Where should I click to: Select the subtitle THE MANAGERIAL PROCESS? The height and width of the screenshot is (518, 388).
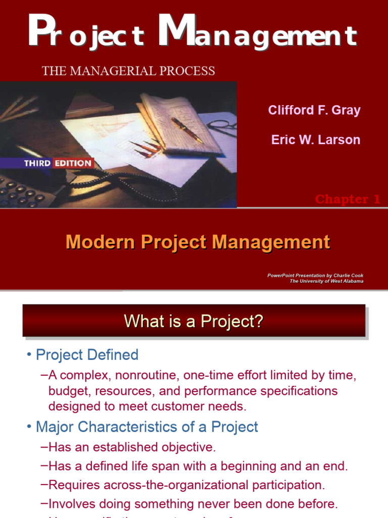[129, 71]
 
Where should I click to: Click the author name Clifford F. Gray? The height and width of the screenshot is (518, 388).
[314, 111]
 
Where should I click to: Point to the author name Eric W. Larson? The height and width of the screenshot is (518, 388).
[316, 140]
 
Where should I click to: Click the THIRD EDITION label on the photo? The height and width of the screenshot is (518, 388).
[58, 163]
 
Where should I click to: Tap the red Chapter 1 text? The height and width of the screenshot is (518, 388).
[348, 199]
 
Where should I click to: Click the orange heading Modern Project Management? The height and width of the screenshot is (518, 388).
[198, 242]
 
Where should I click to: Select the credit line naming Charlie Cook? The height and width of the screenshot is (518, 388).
[315, 276]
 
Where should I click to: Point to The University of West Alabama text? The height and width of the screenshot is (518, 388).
[326, 281]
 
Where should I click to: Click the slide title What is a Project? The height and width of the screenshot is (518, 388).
[194, 321]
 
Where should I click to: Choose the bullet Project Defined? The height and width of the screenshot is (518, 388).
[87, 355]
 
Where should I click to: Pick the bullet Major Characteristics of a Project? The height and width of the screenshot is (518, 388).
[147, 427]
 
